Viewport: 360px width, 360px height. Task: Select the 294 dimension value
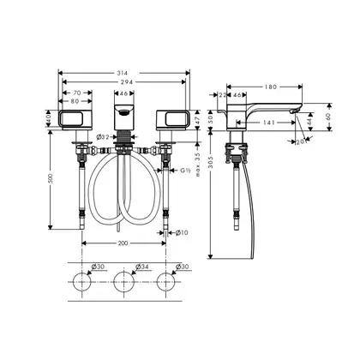[x=127, y=82]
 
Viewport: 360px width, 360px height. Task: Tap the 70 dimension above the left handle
[x=77, y=93]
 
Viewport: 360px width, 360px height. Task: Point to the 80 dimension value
[x=75, y=101]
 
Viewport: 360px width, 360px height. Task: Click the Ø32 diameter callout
[x=103, y=137]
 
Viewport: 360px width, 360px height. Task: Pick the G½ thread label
[x=185, y=171]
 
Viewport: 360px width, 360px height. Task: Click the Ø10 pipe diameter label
[x=182, y=233]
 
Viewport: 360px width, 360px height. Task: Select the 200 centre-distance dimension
[x=123, y=243]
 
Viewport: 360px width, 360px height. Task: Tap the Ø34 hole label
[x=142, y=267]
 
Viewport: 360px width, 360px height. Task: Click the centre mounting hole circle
[x=124, y=282]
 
